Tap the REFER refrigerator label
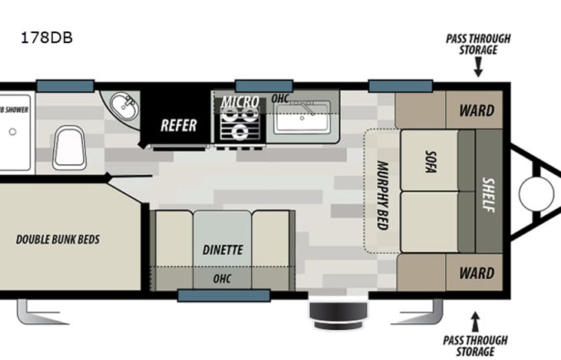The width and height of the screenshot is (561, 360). pos(178,125)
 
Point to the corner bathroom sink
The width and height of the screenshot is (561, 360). pos(123,108)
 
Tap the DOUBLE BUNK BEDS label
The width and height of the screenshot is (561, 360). pos(58,239)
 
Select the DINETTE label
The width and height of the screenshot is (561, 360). pos(223,249)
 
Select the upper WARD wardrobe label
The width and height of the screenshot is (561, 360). pos(476,110)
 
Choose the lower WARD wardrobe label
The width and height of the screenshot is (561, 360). pos(476,273)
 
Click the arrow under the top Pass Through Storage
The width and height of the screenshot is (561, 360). pos(478,70)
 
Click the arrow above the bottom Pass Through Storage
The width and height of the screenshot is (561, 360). pos(475,317)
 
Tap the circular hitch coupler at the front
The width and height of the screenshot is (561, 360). pos(536,192)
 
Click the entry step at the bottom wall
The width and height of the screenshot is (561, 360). pos(328,312)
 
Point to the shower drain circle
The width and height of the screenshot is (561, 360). pos(13,131)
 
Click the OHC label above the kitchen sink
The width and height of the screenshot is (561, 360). pos(280,98)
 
